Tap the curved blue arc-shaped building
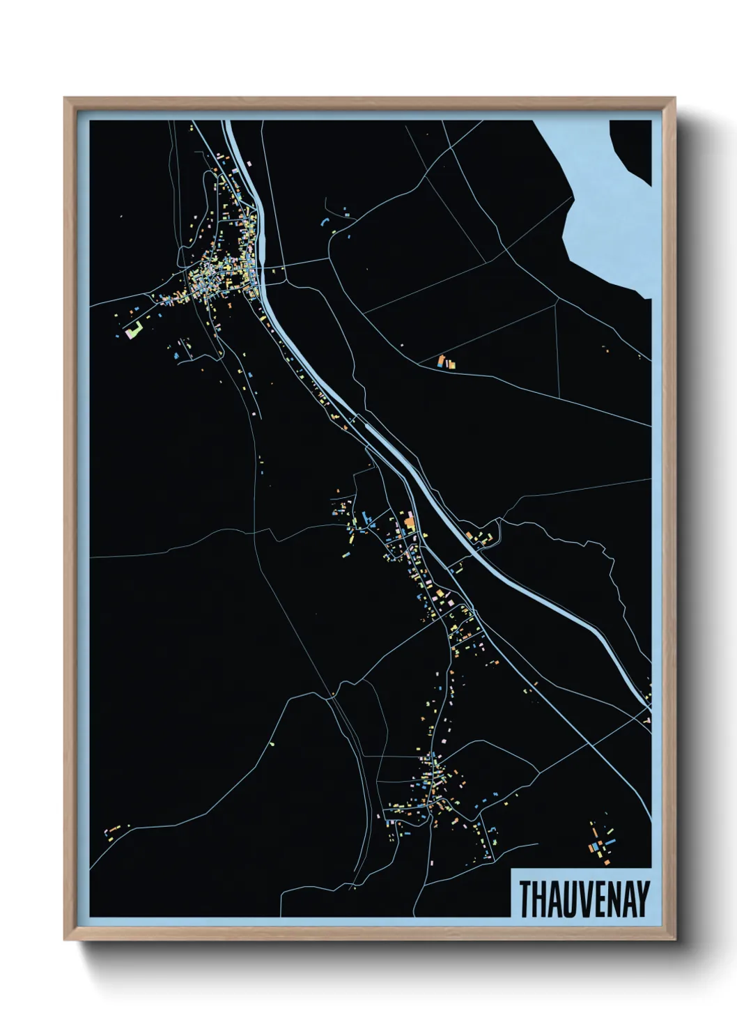click(x=323, y=221)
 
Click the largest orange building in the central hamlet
click(x=410, y=519)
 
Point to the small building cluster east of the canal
click(x=481, y=537)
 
